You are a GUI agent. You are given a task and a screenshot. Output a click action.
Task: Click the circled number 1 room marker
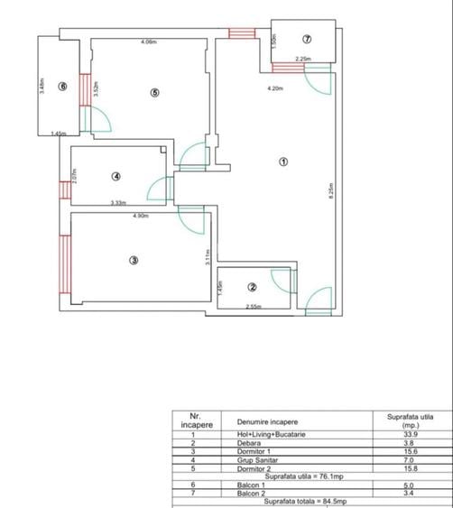coord(283,162)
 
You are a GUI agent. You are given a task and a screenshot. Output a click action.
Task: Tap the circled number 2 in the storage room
coord(253,288)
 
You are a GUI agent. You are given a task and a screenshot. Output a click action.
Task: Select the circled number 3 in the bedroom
coord(134,261)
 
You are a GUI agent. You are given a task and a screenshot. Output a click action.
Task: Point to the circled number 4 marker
coord(116,176)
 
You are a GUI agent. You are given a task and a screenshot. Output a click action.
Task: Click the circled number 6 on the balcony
coord(62,87)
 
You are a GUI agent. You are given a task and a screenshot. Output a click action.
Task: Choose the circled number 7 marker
coord(307,39)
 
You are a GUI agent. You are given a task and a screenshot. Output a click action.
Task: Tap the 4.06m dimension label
coord(149,42)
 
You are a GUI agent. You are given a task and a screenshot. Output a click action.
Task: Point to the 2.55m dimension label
coord(255,308)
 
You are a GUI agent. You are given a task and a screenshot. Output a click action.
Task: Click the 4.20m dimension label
coord(275,88)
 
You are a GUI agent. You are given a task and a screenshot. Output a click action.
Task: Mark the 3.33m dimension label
coord(118,203)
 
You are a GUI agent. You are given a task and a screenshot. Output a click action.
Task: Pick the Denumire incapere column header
coord(267,421)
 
